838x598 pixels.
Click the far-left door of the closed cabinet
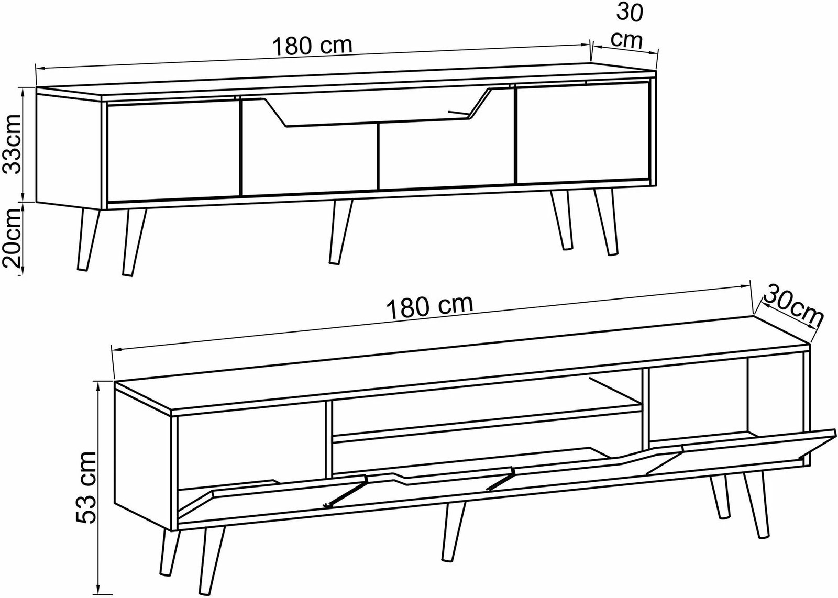(173, 152)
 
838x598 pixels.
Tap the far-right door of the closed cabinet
(582, 134)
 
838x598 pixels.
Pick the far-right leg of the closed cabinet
(605, 222)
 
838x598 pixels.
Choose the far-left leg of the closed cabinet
(88, 239)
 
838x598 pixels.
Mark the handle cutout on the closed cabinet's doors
(378, 108)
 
